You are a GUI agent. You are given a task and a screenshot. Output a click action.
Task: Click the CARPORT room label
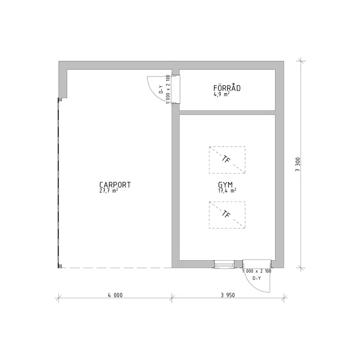pos(115,185)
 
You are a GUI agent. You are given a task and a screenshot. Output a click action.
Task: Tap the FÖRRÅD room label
pos(227,88)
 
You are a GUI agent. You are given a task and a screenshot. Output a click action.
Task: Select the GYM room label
pos(225,185)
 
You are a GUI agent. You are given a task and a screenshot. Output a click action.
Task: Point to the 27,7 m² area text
pos(109,191)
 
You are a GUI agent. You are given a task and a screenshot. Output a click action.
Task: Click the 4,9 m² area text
pos(222,94)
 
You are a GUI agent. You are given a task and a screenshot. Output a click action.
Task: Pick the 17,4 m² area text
pos(227,191)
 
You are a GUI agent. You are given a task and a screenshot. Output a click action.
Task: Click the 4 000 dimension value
pos(115,295)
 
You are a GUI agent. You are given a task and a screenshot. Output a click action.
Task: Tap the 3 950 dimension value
pos(228,295)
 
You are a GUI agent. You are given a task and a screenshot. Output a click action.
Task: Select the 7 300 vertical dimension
pos(298,164)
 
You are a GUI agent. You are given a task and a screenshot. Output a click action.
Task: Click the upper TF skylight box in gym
pos(227,160)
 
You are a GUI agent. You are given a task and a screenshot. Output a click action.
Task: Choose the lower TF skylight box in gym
pos(227,215)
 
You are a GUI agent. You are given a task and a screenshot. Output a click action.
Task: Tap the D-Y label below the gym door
pos(256,278)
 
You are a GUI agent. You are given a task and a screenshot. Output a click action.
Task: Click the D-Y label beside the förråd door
pos(161,89)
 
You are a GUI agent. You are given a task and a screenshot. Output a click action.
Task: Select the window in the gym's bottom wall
pos(224,264)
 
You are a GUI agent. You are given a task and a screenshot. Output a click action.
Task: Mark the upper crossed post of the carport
pos(60,100)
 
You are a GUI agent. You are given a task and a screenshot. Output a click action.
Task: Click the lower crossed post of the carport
pos(60,266)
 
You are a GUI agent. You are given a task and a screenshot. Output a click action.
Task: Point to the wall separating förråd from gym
pos(227,112)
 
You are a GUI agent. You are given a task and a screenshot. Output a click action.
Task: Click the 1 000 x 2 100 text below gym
pos(257,271)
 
